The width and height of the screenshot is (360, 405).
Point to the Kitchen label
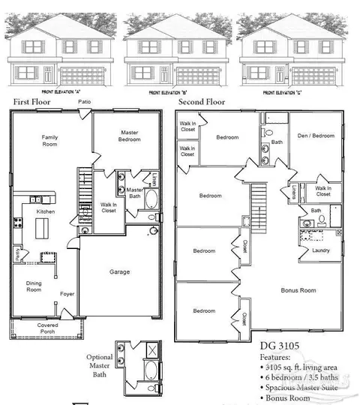46,213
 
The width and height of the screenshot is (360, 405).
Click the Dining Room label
34,286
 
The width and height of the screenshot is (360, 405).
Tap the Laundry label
320,250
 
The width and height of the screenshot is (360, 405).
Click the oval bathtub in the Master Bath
149,200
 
